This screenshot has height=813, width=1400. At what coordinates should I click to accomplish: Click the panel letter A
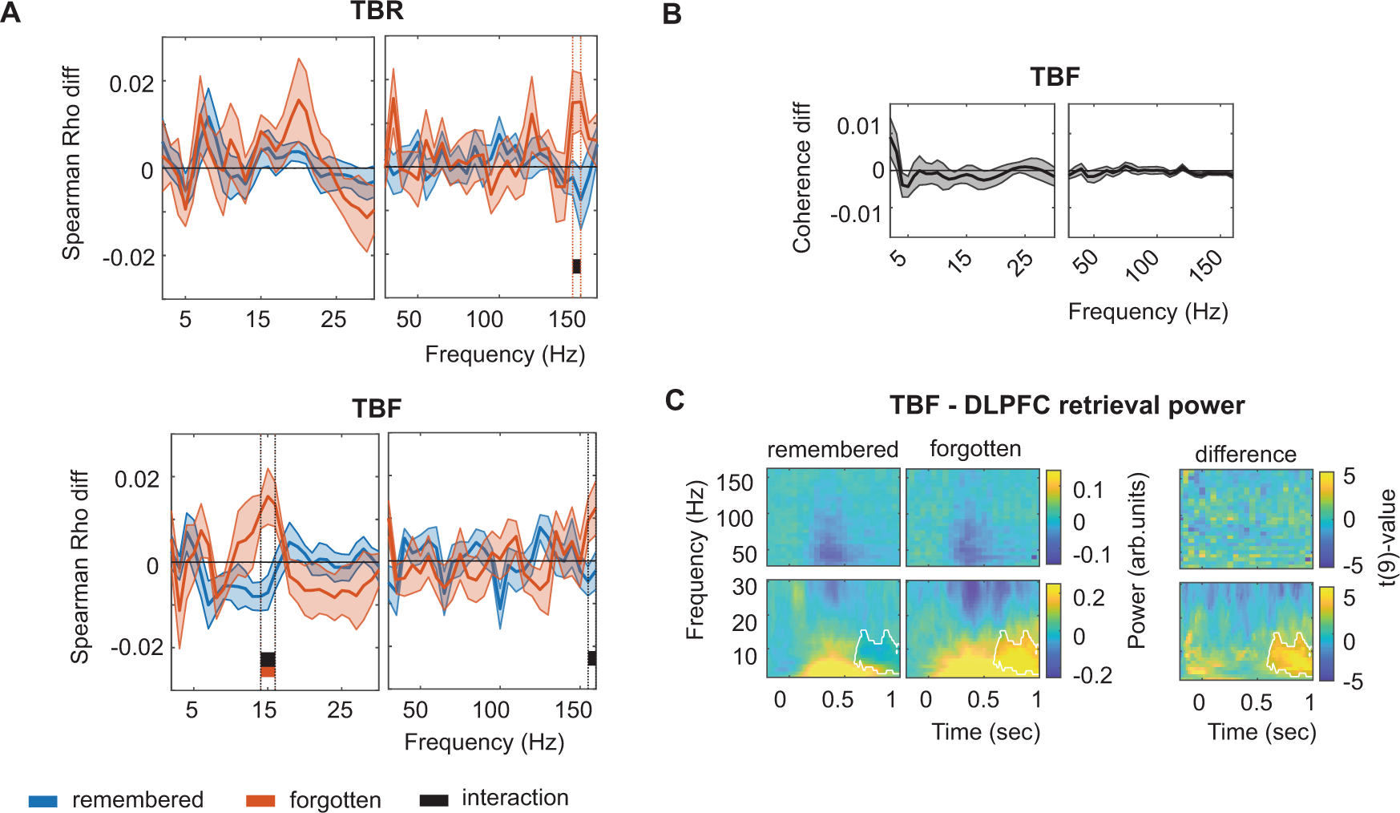(x=10, y=14)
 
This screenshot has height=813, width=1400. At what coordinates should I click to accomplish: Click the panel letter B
(x=672, y=14)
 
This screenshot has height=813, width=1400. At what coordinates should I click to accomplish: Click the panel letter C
(x=675, y=399)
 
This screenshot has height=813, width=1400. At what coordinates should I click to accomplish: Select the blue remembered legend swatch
(x=42, y=800)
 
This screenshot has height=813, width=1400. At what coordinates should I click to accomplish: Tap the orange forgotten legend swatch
(x=260, y=800)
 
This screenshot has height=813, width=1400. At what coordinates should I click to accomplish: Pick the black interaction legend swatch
(x=434, y=799)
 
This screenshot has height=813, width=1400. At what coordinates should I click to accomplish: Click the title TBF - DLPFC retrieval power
(x=1067, y=406)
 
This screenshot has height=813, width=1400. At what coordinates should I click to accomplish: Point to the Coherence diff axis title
(x=801, y=177)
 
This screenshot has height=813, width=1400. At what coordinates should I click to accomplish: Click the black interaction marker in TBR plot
(x=576, y=266)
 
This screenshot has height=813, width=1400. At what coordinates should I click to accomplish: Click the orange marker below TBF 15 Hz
(x=268, y=671)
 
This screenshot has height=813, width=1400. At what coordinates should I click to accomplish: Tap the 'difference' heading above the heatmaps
(x=1245, y=455)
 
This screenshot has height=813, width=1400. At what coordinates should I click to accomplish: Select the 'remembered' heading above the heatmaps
(x=832, y=450)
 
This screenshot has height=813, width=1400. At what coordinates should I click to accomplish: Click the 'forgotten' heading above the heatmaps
(x=974, y=449)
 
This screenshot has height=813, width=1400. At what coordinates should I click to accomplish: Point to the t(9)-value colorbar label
(x=1387, y=537)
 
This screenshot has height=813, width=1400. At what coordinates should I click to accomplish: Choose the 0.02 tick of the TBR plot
(x=131, y=83)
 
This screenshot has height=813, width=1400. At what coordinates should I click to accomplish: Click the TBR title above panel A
(x=377, y=11)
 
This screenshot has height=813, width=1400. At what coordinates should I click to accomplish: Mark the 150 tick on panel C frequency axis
(x=734, y=483)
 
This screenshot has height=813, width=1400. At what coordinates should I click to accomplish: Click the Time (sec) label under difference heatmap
(x=1261, y=732)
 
